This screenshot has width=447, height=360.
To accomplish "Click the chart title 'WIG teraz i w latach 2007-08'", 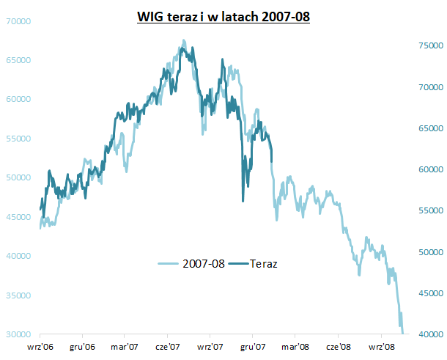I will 223,15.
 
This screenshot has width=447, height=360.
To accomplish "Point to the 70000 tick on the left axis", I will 18,21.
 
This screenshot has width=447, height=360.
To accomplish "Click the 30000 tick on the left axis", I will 18,334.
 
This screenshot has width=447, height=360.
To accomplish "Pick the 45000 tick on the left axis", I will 18,217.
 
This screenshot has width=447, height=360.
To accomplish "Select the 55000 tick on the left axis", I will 18,139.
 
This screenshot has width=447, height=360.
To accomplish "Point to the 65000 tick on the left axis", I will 18,60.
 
